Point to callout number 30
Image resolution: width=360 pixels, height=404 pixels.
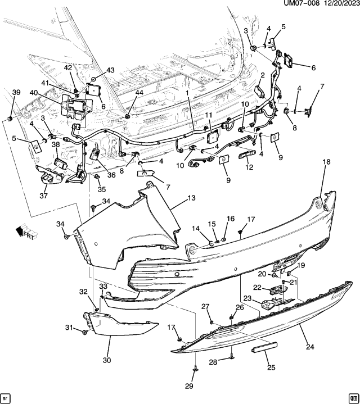pyautogui.click(x=106, y=360)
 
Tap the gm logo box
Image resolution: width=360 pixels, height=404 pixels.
pyautogui.click(x=353, y=397)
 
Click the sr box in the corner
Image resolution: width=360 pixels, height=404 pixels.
pyautogui.click(x=6, y=397)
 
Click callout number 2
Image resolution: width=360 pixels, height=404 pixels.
pyautogui.click(x=262, y=75)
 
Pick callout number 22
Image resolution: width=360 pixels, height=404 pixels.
pyautogui.click(x=257, y=287)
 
